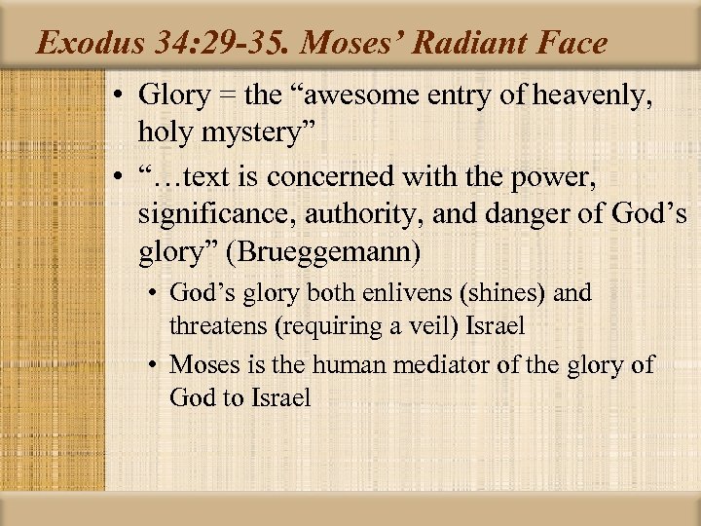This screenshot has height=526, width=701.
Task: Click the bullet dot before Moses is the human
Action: tap(156, 365)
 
